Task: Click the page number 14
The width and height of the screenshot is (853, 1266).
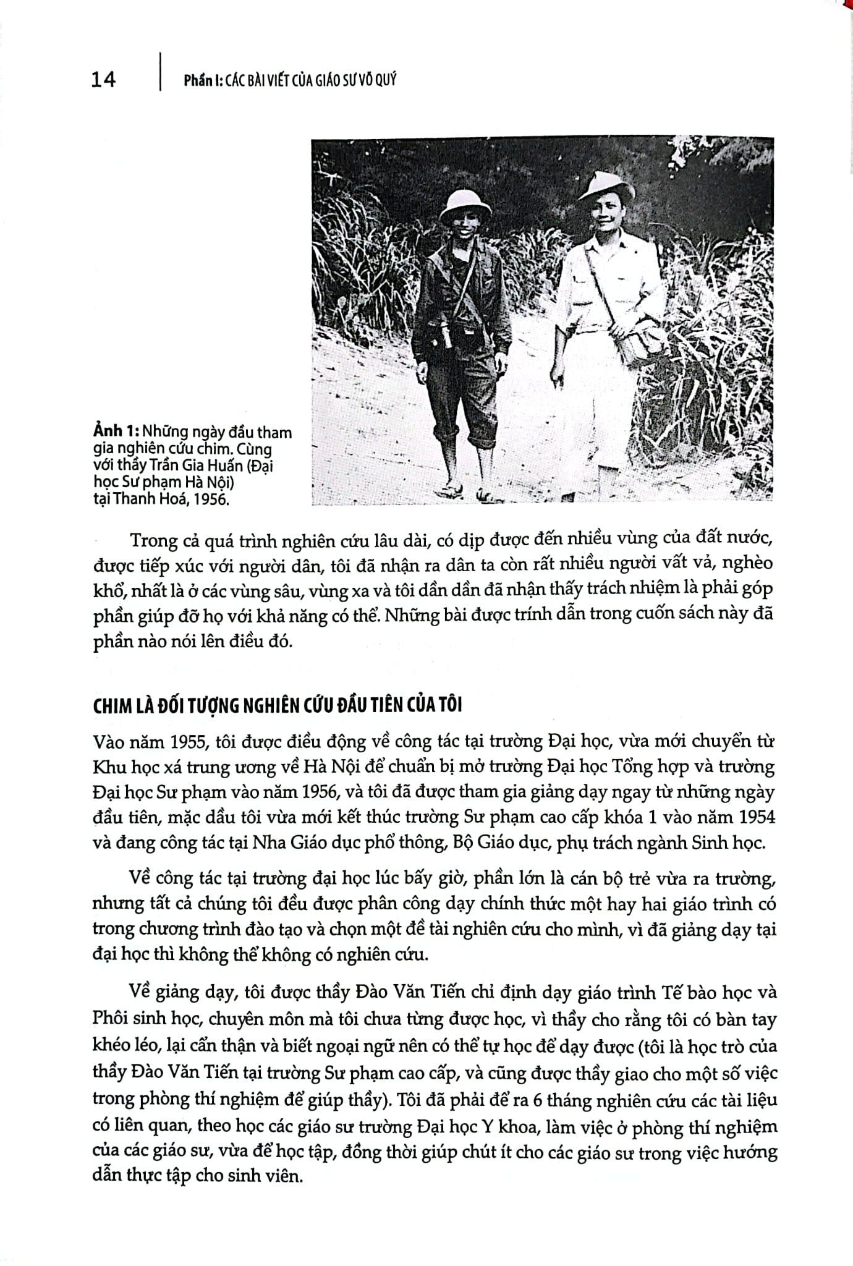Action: click(103, 80)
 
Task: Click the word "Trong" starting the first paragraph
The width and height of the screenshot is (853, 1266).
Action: click(153, 540)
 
